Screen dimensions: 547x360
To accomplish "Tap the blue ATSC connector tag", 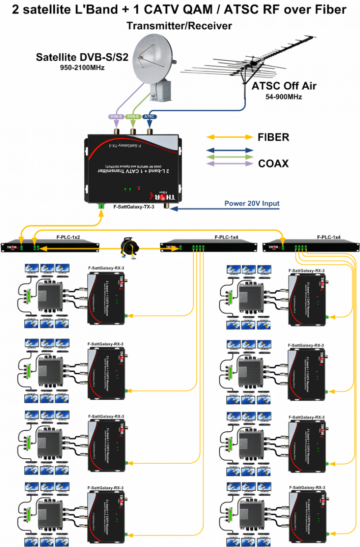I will click(150, 117).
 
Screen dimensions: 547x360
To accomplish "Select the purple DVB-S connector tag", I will click(116, 117).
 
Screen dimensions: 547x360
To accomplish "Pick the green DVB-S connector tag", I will click(133, 117).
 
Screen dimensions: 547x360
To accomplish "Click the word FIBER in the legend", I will click(273, 137).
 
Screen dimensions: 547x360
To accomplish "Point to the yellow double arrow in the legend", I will click(229, 137).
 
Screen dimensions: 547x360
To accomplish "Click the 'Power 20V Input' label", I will click(252, 203).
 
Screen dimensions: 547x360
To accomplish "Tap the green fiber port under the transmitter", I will click(101, 207).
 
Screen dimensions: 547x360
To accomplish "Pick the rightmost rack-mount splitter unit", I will click(310, 246).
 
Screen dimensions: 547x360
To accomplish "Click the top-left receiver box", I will click(107, 297).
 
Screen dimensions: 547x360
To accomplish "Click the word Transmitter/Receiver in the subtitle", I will click(180, 26).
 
